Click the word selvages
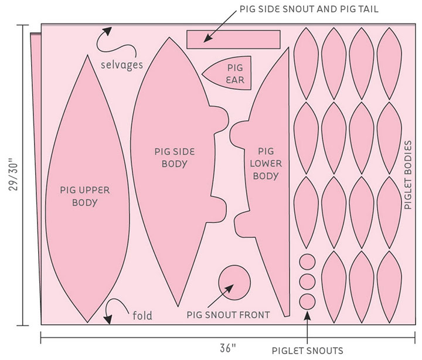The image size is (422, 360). coord(122,65)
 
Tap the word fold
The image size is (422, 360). coord(142,315)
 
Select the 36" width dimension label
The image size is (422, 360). coord(227,348)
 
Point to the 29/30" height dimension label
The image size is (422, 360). coord(13,176)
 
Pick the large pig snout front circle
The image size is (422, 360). coord(234,283)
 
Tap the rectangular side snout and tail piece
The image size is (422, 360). coord(233,39)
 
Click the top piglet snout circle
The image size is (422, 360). coord(307,261)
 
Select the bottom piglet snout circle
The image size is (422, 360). coord(307,301)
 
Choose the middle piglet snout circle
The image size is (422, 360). coord(307,281)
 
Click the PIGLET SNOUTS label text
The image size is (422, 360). coord(308,351)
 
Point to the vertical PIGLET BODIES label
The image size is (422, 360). coord(408,175)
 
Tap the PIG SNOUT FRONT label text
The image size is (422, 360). coord(228,315)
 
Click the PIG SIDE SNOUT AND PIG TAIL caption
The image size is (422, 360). coord(309,9)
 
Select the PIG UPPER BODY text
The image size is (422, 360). coord(85,196)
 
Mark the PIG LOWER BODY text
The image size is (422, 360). coord(266,164)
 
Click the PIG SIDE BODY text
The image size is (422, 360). coord(175,158)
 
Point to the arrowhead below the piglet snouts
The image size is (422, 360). coord(307,315)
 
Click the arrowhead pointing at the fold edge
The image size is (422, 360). coord(108,320)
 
